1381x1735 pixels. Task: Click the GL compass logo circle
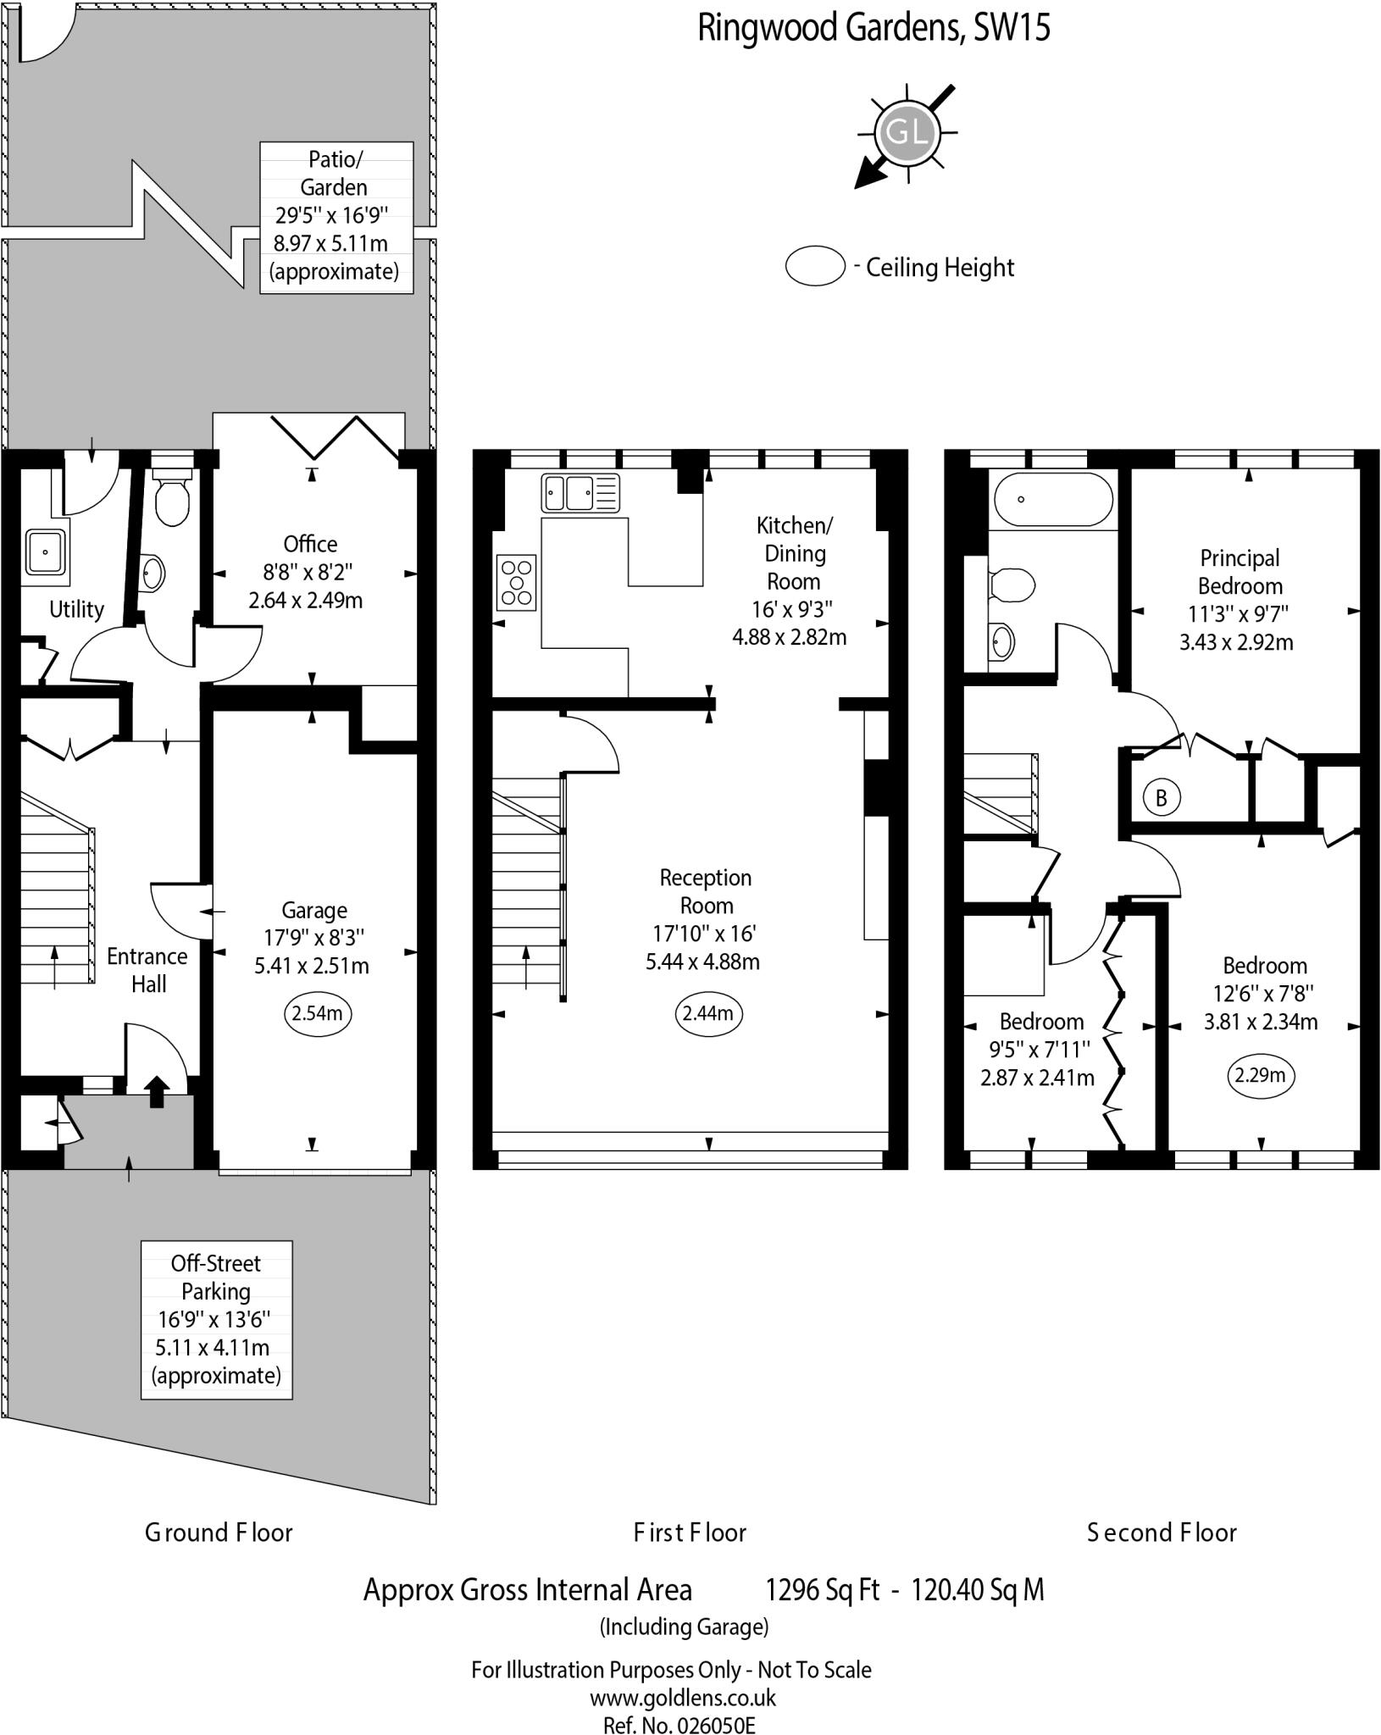[907, 133]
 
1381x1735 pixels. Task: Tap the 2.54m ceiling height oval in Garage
[317, 1014]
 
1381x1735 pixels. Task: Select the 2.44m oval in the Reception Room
[708, 1014]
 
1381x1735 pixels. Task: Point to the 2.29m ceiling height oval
[1261, 1075]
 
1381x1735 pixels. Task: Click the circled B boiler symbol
[1161, 797]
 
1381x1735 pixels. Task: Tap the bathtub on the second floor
[1052, 500]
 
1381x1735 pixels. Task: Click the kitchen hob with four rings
[517, 582]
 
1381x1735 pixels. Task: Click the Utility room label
[76, 609]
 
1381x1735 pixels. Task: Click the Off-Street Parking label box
[216, 1319]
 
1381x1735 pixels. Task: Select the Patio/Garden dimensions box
[336, 217]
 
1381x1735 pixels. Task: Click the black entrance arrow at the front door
[157, 1091]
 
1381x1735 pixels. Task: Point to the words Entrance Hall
[147, 970]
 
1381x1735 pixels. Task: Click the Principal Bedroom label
[1240, 572]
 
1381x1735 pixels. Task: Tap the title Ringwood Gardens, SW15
[874, 28]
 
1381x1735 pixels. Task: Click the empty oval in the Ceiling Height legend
[815, 267]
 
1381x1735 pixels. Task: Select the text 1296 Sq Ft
[822, 1590]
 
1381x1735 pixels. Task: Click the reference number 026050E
[713, 1726]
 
